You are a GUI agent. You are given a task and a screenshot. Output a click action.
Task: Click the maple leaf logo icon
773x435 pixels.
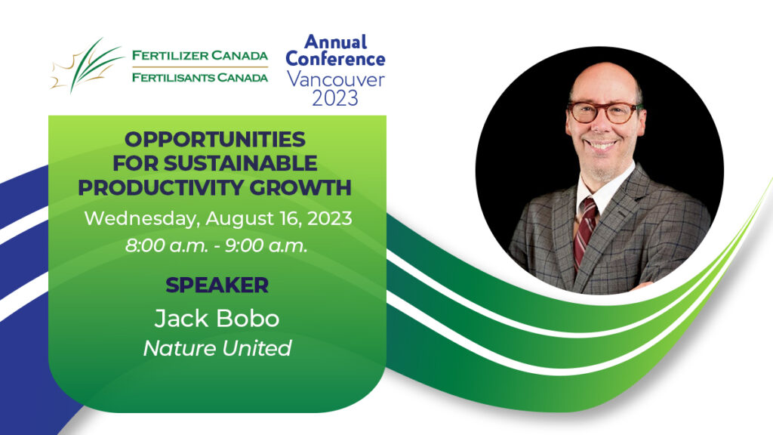tap(86, 66)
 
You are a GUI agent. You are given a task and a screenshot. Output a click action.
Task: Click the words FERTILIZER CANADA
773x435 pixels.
tap(200, 55)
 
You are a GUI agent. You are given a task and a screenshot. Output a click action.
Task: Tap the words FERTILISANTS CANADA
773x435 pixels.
tap(200, 78)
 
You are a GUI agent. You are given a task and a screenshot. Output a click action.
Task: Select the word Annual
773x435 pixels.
tap(336, 42)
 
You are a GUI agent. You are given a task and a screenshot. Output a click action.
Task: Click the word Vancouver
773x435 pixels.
tap(336, 79)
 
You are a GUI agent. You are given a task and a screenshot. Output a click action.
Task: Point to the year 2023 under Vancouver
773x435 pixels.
tap(335, 98)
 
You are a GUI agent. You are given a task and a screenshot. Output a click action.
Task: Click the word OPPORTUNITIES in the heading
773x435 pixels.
tap(215, 140)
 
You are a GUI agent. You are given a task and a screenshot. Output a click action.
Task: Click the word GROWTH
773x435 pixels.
tap(300, 187)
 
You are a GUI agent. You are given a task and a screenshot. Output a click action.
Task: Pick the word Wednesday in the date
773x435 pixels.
tap(142, 218)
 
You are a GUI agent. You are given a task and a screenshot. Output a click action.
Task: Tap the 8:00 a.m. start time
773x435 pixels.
tap(167, 245)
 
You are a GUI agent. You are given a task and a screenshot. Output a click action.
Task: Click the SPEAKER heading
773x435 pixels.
tap(217, 285)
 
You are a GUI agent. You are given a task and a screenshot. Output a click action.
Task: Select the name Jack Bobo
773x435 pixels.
tap(217, 319)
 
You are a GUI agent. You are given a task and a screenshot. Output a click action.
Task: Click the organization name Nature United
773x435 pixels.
tap(217, 348)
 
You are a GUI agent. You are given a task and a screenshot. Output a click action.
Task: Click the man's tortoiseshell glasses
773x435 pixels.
tap(605, 112)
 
